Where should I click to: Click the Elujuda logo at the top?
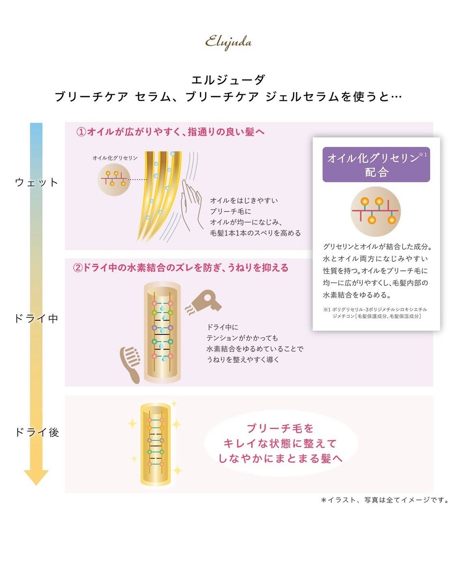[228, 42]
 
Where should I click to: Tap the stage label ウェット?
[37, 182]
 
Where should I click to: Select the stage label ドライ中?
[37, 318]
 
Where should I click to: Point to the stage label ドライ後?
[37, 432]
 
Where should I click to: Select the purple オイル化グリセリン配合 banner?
[376, 164]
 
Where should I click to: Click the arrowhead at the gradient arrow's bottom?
[36, 477]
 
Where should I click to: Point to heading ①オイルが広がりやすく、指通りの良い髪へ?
[171, 132]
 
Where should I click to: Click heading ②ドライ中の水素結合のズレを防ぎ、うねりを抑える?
[181, 268]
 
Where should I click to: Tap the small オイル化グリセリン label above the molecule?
[115, 158]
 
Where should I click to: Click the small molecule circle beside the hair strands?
[113, 179]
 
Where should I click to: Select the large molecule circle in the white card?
[376, 212]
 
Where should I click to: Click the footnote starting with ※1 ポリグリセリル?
[376, 313]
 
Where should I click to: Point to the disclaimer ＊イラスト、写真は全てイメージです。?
[385, 500]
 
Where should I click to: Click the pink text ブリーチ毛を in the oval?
[280, 428]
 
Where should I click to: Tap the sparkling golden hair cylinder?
[155, 444]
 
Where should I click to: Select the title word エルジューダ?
[228, 79]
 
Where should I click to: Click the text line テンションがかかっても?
[243, 338]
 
